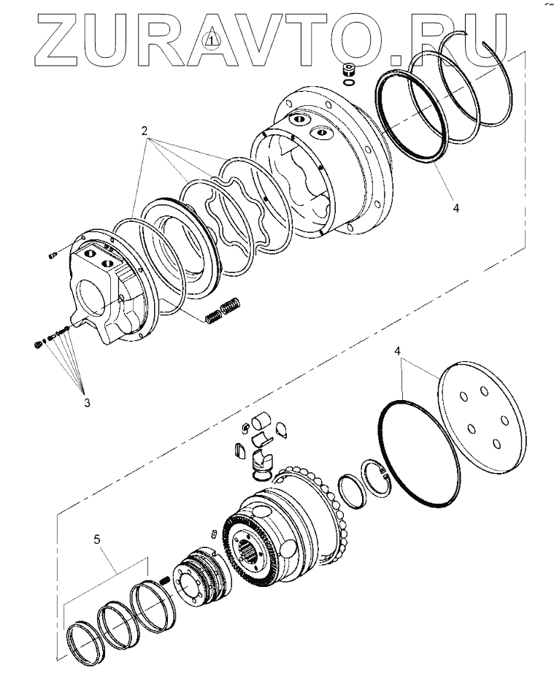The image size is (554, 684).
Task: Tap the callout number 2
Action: pyautogui.click(x=145, y=131)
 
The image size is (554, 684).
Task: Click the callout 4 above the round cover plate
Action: pyautogui.click(x=398, y=351)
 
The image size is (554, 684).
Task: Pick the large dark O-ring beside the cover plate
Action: pyautogui.click(x=416, y=453)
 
